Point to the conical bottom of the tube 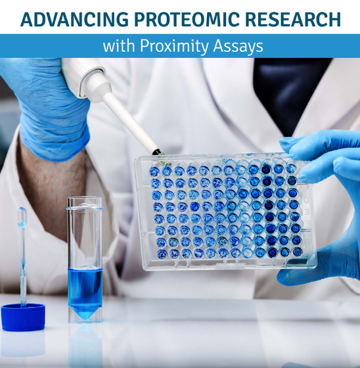coord(85,313)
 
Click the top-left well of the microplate coord(155,172)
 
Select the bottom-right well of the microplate coord(291,251)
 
